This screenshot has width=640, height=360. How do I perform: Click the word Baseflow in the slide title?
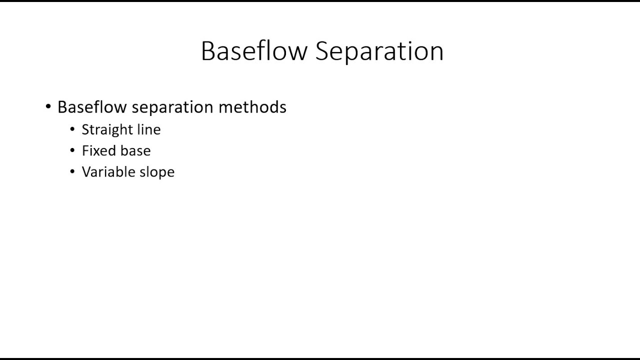tap(254, 51)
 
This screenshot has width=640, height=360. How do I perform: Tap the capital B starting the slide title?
tap(208, 51)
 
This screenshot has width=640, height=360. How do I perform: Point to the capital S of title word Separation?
tap(323, 51)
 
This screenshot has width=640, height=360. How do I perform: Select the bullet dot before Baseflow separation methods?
tap(48, 106)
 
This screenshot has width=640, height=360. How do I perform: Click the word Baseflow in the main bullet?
tap(92, 107)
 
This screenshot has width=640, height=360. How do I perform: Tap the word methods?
tap(252, 107)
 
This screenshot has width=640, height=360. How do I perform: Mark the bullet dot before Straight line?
tap(73, 129)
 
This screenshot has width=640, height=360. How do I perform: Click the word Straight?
tap(107, 130)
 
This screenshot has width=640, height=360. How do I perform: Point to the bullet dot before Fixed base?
tap(73, 150)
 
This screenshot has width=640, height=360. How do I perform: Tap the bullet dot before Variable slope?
tap(73, 171)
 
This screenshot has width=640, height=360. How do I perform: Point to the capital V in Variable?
tap(86, 171)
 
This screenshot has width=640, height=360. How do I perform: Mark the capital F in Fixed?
tap(85, 150)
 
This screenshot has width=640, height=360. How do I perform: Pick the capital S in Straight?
tap(85, 129)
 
